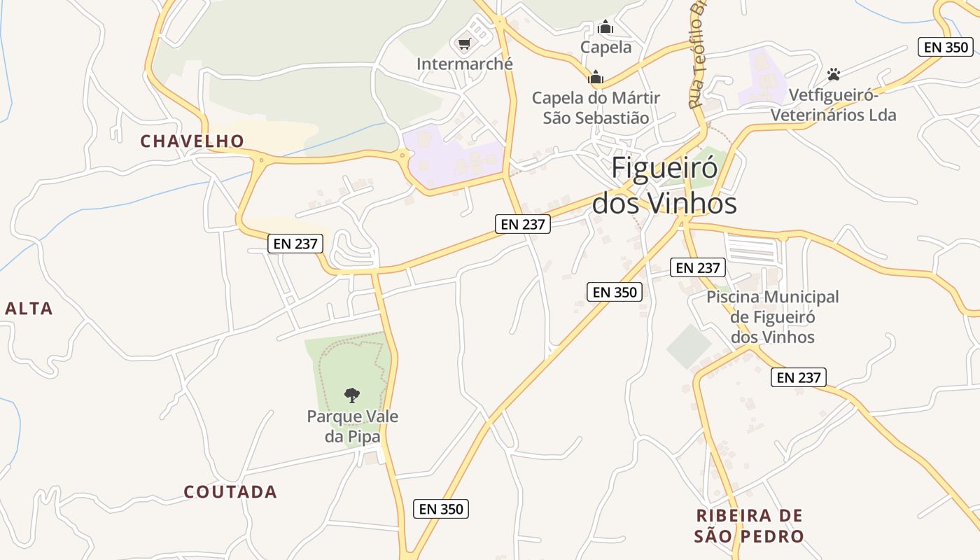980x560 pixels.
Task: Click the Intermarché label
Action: (464, 64)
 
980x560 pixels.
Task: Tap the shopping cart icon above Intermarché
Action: (463, 45)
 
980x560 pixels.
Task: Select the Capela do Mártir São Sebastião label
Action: (596, 108)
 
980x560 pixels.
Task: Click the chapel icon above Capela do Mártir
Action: (596, 77)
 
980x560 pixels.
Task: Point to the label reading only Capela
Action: (606, 48)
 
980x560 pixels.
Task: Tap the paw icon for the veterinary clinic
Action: (833, 73)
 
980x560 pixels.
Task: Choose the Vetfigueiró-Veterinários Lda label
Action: (833, 105)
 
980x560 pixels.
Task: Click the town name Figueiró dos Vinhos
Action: (664, 186)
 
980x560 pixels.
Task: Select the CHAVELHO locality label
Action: (192, 141)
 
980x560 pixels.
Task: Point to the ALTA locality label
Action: (29, 309)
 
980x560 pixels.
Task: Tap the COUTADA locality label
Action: (230, 492)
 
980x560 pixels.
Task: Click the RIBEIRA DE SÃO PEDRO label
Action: (749, 526)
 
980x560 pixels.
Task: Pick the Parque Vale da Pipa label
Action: (353, 427)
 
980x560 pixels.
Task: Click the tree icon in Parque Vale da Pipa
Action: (352, 395)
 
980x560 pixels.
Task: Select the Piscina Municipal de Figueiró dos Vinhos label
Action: (772, 317)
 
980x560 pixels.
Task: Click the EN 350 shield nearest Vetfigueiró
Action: (946, 47)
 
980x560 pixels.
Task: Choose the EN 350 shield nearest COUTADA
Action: (441, 509)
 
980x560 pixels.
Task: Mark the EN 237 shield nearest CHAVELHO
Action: (296, 244)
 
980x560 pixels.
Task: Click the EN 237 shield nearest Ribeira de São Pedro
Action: (799, 377)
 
